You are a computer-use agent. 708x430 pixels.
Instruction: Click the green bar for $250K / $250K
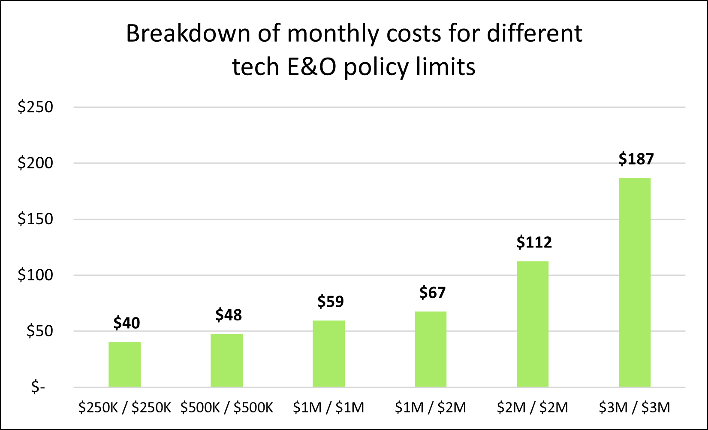coord(124,364)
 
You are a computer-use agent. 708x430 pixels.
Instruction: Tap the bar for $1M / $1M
coord(328,354)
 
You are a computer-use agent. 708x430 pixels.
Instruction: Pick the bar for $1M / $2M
coord(431,349)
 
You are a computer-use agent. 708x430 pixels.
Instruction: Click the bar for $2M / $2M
coord(533,324)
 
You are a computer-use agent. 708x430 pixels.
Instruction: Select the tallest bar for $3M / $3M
coord(635,282)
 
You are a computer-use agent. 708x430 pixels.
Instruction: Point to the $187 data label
coord(636,159)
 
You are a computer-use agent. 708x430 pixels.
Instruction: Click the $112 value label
coord(534,242)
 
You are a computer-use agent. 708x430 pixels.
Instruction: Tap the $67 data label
coord(432,293)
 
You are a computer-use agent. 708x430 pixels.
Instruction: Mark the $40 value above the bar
coord(127,323)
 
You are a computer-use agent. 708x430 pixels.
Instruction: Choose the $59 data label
coord(330,301)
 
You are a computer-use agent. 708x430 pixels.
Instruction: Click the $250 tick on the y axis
coord(35,107)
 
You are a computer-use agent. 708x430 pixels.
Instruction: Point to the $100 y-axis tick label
coord(35,275)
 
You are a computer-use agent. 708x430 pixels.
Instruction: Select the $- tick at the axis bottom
coord(38,387)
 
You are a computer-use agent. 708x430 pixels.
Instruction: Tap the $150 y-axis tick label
coord(35,219)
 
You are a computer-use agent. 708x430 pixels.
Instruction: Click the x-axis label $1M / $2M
coord(431,407)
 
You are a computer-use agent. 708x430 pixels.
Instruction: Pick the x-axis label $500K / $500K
coord(226,407)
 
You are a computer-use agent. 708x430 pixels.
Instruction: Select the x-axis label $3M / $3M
coord(635,407)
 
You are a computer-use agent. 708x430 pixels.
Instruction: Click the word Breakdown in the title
coord(188,34)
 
